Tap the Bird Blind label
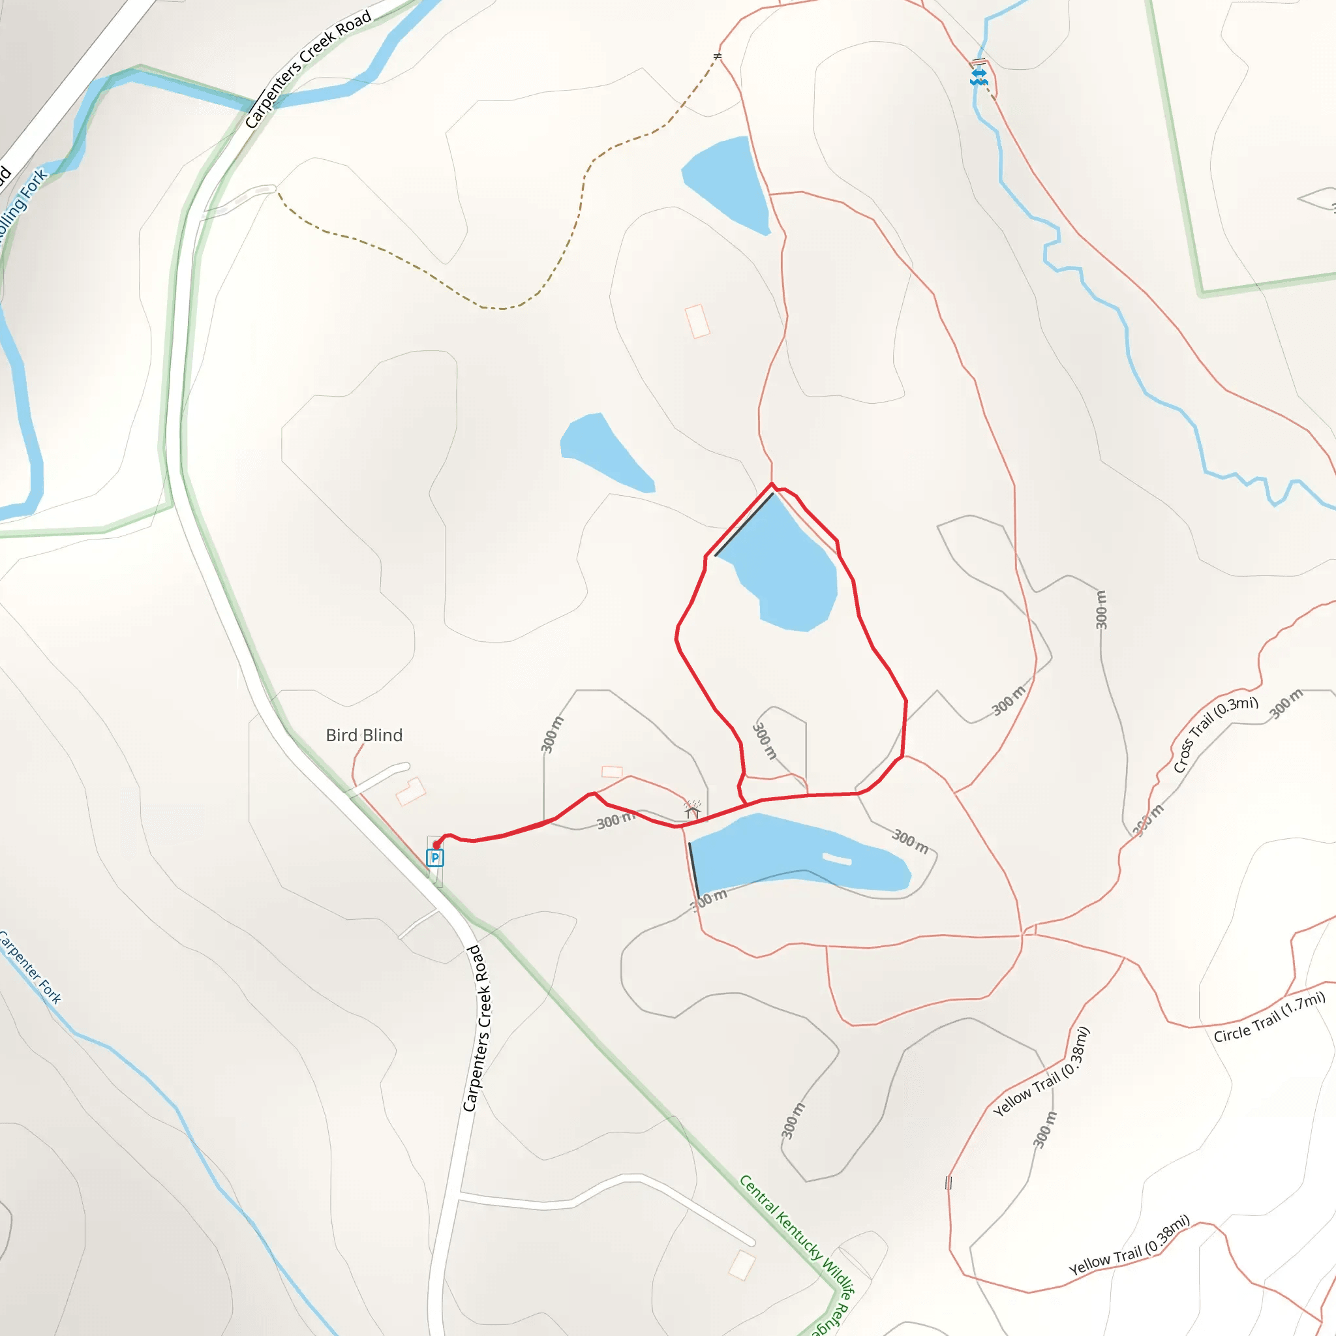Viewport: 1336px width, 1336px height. tap(364, 735)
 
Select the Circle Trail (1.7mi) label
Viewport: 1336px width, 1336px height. tap(1269, 1016)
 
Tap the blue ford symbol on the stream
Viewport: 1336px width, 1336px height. tap(979, 76)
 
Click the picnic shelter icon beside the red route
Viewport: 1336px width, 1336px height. tap(692, 808)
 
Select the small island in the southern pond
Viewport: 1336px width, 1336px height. tap(837, 859)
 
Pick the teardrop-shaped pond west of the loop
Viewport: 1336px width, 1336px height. tap(601, 449)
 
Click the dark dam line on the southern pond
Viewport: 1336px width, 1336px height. tap(693, 870)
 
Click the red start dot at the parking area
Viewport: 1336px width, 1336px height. tap(436, 844)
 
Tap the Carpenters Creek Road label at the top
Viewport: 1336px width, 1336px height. tap(309, 68)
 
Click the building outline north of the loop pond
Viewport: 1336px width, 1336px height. tap(697, 321)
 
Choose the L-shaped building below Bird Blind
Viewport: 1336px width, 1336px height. tap(410, 791)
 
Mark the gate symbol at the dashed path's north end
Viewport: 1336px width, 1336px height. tap(718, 56)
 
